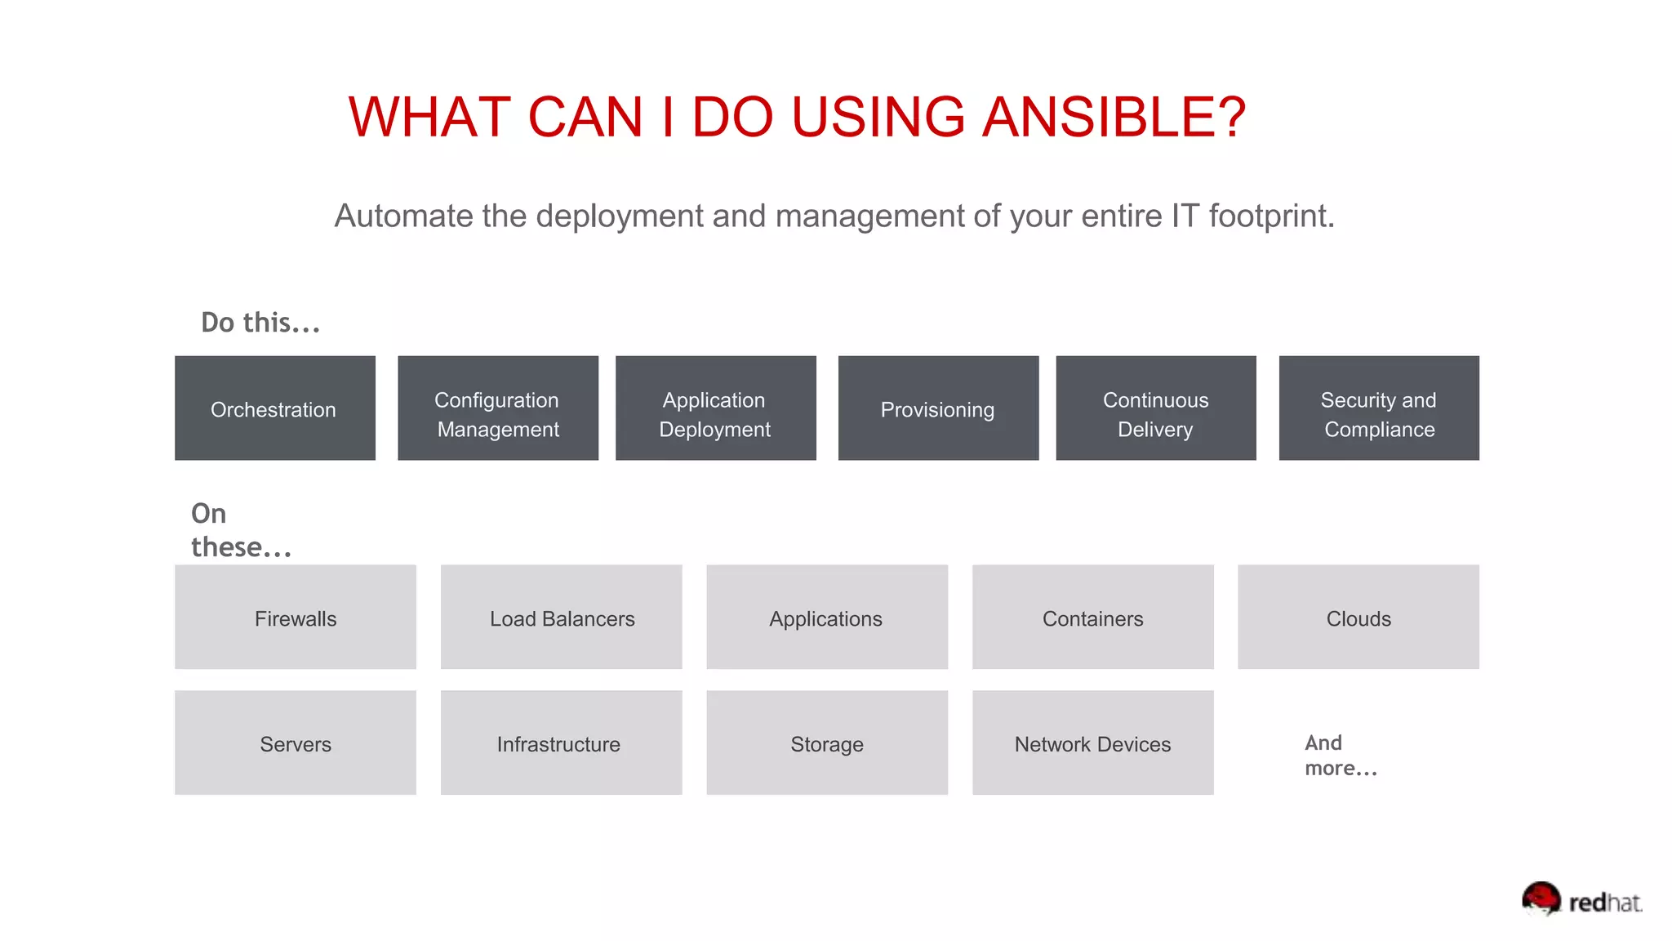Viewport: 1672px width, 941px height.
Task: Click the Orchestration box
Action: [275, 408]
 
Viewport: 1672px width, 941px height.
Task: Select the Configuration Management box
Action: [498, 408]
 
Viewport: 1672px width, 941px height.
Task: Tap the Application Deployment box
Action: [715, 408]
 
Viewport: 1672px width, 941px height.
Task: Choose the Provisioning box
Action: [938, 408]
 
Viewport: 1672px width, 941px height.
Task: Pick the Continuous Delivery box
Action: [1155, 408]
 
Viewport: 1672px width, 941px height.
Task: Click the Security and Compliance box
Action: [1379, 408]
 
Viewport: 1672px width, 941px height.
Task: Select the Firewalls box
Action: [296, 617]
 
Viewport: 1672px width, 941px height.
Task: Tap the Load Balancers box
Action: [562, 617]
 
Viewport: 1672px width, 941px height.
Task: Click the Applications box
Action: [827, 617]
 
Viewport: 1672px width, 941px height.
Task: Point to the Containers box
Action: [1092, 617]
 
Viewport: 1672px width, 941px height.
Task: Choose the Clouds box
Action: [1358, 617]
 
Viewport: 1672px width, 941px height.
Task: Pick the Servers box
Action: [296, 743]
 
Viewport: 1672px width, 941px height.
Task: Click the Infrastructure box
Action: [562, 743]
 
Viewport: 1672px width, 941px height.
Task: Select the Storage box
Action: [827, 743]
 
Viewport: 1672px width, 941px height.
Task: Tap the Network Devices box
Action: [1092, 743]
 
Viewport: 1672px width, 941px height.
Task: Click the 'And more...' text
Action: [1341, 756]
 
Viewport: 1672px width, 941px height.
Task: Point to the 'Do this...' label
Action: [260, 323]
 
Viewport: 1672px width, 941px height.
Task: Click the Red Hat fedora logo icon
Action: [1541, 899]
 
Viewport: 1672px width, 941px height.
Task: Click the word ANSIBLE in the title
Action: [1114, 117]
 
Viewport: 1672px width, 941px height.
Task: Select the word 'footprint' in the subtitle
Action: [1270, 216]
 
